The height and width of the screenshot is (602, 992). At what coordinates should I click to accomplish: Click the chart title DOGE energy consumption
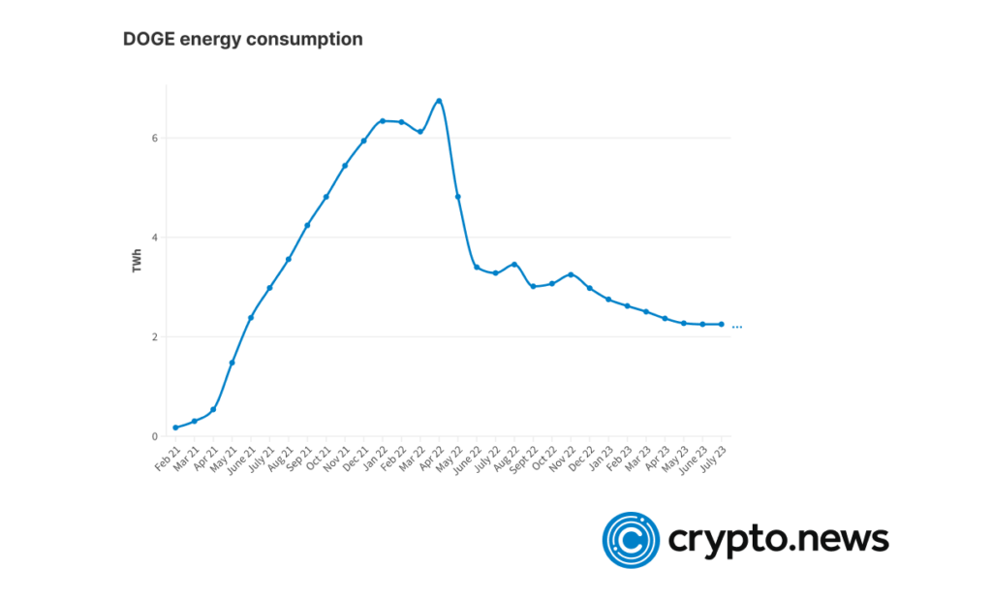pos(242,40)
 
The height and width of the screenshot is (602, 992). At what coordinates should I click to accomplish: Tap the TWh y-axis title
pos(138,259)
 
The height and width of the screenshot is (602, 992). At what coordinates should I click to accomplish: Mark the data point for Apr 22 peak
pos(439,101)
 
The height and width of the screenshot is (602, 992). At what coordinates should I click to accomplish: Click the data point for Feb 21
pos(175,428)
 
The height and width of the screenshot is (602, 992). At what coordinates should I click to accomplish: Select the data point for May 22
pos(458,197)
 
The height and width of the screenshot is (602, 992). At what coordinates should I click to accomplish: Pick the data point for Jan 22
pos(383,121)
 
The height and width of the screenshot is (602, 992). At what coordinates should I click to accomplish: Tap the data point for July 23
pos(722,325)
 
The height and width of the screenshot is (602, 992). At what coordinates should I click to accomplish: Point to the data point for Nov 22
pos(571,275)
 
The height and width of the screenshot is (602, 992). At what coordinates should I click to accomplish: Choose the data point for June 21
pos(251,317)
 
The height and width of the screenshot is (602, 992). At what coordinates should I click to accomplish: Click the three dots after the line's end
pos(737,328)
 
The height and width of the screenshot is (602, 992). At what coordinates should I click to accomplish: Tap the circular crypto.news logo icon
pos(631,539)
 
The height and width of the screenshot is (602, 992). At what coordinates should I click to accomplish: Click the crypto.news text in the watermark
pos(778,539)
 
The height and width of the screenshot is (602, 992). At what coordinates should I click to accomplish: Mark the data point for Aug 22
pos(514,264)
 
